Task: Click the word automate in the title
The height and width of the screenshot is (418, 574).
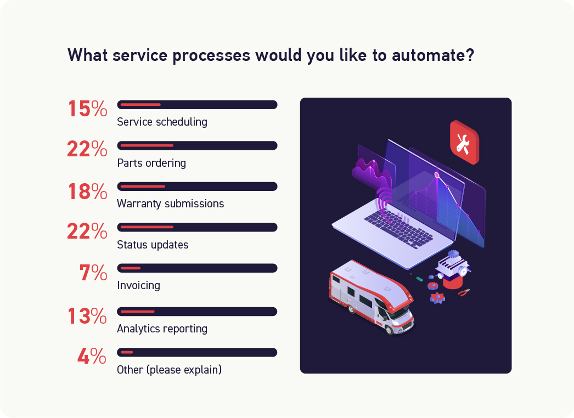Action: point(433,55)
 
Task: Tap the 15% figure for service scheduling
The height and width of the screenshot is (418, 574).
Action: point(88,109)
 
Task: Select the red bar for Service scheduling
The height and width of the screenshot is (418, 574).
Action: point(140,105)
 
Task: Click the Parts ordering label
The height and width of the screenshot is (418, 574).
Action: point(151,163)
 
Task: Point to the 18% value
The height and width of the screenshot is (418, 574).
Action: point(88,191)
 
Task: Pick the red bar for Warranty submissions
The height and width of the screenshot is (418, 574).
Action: point(143,187)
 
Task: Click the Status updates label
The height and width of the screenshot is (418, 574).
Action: point(153,245)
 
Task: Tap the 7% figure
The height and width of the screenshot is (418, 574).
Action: point(93,273)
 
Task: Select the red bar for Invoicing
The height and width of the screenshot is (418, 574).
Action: point(130,268)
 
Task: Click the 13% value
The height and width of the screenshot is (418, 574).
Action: point(87,316)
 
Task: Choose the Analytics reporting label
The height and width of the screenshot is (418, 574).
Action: point(162,329)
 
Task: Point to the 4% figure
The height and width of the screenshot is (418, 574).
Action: point(92,356)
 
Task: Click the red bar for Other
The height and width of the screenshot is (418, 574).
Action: point(127,353)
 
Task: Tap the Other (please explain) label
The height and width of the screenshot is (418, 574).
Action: point(170,370)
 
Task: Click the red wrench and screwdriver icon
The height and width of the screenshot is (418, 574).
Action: point(464,143)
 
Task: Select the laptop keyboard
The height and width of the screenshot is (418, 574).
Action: point(399,229)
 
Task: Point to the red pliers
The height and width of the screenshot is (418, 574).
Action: point(464,292)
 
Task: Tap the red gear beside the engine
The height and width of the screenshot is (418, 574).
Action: point(433,285)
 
